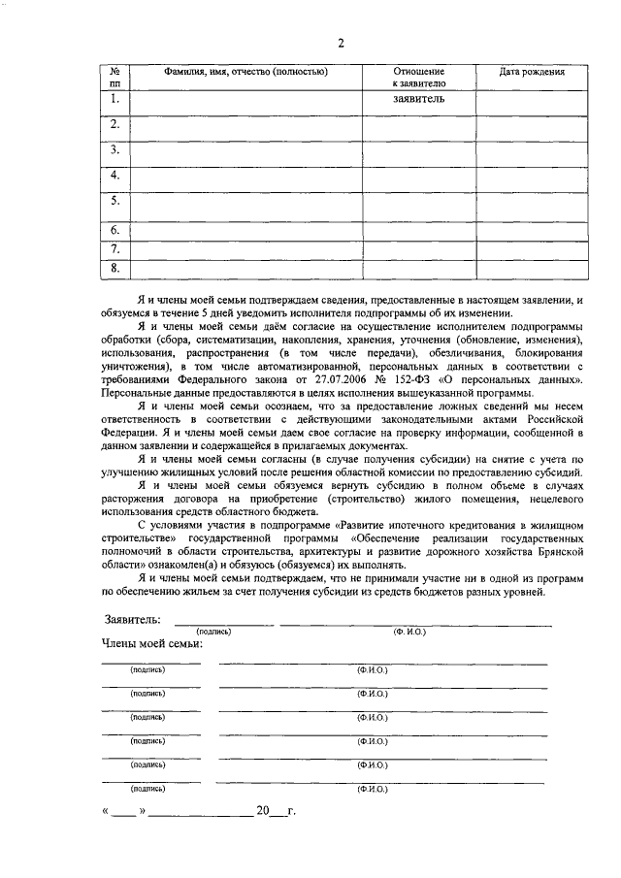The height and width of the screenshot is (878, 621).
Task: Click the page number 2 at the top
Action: point(341,42)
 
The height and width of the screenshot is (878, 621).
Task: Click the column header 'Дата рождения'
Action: point(532,72)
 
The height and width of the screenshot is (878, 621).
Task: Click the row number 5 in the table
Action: point(114,201)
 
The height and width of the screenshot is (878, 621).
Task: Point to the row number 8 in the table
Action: point(114,268)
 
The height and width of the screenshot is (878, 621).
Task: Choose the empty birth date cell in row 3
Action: point(532,150)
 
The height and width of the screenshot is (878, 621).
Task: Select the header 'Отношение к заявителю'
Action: point(418,78)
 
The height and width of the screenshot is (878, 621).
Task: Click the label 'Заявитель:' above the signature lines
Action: point(133,619)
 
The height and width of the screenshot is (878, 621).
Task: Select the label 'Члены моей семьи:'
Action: point(151,643)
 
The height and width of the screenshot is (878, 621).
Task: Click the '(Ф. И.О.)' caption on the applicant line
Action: point(409,632)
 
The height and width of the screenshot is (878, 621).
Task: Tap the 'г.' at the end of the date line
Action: point(291,810)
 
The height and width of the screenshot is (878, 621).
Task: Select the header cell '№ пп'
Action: point(114,78)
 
